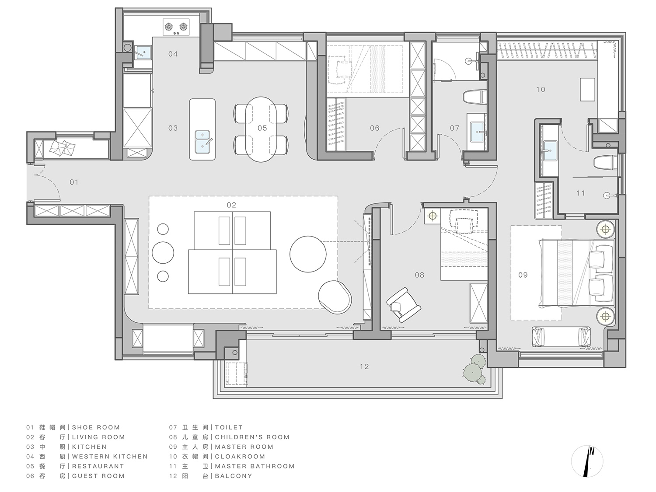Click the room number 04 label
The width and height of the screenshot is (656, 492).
point(173,54)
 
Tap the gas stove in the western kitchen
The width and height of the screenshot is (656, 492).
point(176,28)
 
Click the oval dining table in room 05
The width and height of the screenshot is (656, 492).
point(261,129)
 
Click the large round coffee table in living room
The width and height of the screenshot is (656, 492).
point(308,254)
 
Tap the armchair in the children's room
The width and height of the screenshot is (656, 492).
point(404,305)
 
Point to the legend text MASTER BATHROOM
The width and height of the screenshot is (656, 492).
point(255,466)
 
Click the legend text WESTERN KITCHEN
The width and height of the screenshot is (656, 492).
point(110,457)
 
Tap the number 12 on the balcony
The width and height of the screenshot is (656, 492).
point(364,366)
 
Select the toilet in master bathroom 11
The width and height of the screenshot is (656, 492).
point(605,163)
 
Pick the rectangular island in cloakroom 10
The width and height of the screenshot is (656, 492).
point(587,89)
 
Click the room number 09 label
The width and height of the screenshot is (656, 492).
point(523,275)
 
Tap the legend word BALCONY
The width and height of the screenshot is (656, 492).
point(234,476)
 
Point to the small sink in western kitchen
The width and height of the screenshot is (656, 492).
point(143,52)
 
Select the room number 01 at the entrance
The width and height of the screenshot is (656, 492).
point(74,182)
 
